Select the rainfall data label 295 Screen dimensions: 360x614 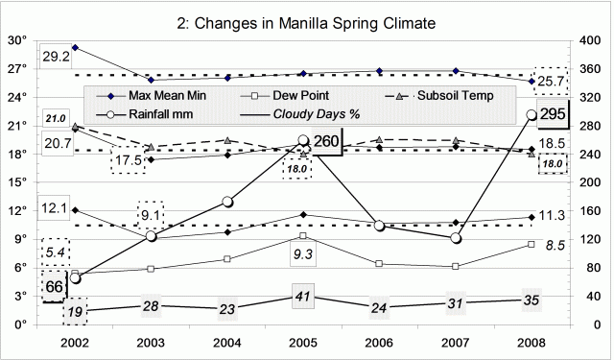tap(551, 115)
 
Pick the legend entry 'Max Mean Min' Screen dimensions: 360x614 tap(160, 96)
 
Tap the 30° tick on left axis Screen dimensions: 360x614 tap(18, 40)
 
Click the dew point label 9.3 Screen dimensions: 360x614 tap(303, 254)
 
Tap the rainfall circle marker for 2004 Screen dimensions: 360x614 tap(227, 202)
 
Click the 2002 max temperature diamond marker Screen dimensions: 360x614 tap(75, 47)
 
